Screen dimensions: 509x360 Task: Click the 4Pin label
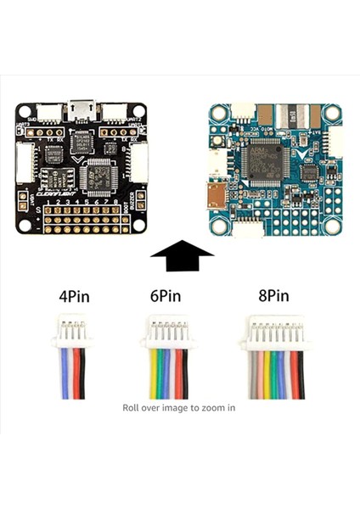tap(72, 298)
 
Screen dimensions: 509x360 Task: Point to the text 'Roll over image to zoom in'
tap(178, 407)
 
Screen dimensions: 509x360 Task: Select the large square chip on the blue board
tap(262, 161)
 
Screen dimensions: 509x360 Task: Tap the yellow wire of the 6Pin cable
tap(153, 373)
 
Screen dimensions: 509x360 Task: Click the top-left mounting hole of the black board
tap(25, 111)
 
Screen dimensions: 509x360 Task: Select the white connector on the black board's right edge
tap(138, 161)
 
